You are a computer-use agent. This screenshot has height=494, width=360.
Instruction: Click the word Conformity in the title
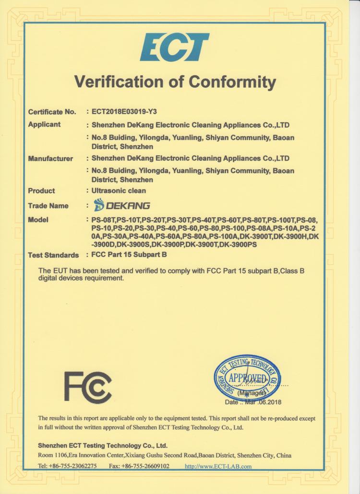point(232,82)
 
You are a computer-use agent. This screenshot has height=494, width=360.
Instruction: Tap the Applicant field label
point(44,125)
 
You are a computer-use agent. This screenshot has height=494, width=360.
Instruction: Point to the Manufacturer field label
point(50,158)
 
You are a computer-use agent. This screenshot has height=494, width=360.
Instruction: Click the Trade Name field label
point(48,206)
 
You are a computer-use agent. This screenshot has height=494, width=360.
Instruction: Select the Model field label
point(39,220)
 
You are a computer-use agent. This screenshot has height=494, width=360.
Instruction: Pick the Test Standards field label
point(53,255)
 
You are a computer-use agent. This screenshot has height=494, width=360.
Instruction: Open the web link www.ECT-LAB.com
point(218,466)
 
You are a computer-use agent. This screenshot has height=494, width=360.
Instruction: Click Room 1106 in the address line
point(50,455)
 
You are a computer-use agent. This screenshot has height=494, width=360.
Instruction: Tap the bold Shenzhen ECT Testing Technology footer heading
point(102,445)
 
